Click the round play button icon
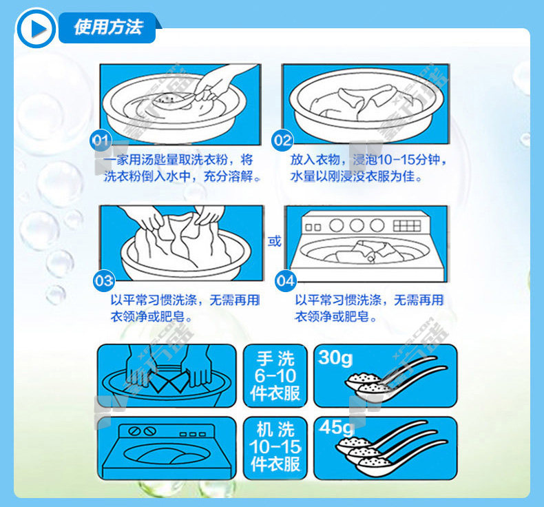click(36, 28)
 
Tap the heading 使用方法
click(108, 28)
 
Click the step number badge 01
click(101, 141)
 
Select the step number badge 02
click(282, 141)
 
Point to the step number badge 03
click(104, 281)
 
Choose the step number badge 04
click(286, 281)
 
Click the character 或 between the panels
click(274, 240)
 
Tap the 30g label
click(335, 358)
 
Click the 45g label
click(336, 428)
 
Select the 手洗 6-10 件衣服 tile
click(275, 376)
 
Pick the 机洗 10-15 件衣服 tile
click(275, 448)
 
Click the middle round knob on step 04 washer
click(357, 225)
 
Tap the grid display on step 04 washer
click(407, 225)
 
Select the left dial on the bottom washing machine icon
click(134, 431)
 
